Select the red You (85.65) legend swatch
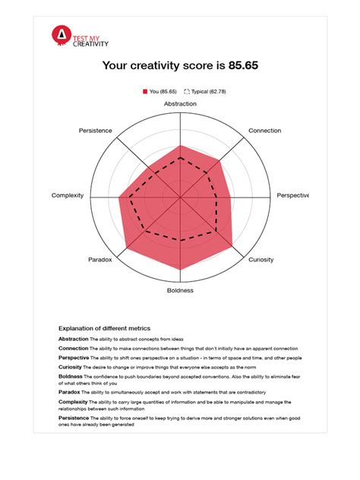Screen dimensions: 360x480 [145, 92]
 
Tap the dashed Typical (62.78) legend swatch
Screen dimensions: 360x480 [187, 92]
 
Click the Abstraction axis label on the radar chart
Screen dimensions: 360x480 [180, 103]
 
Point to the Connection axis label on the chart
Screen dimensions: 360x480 [264, 131]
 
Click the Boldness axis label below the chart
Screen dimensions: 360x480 [180, 289]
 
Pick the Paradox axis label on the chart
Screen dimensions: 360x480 [99, 260]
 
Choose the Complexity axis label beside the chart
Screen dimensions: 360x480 [68, 195]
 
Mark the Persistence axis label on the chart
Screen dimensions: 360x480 [96, 131]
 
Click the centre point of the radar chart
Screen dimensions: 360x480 [180, 197]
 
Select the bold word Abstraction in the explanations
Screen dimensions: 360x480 [74, 339]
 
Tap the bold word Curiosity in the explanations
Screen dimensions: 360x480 [71, 367]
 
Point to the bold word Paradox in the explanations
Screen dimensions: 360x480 [69, 392]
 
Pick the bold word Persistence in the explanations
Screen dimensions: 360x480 [73, 418]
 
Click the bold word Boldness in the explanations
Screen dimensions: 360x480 [71, 376]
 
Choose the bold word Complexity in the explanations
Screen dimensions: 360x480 [73, 401]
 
